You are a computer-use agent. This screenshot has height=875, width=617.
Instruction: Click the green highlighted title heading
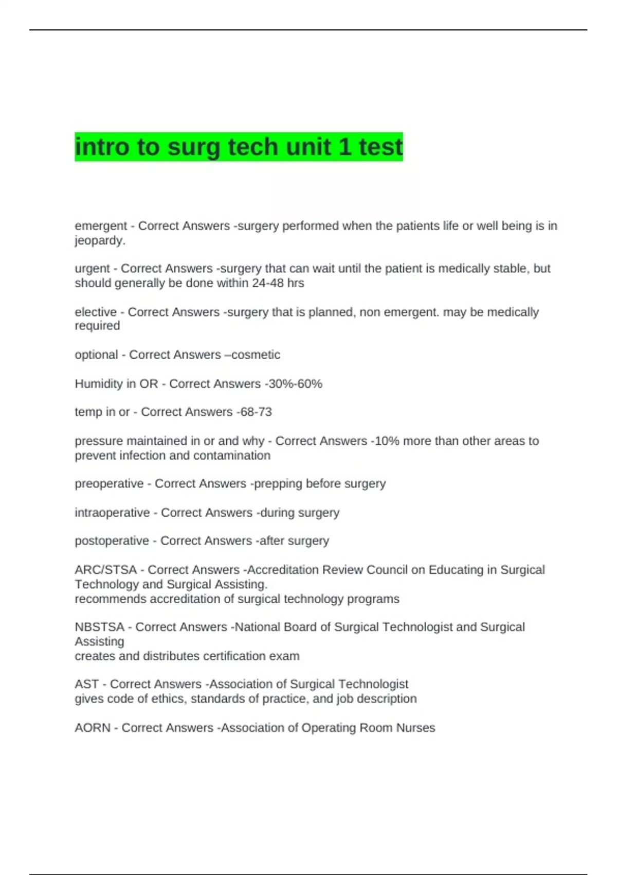pos(239,147)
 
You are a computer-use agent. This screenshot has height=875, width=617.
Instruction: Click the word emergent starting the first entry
pos(101,226)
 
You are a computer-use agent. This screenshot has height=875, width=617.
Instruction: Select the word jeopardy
pos(100,240)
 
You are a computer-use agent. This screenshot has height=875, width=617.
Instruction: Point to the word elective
pos(96,312)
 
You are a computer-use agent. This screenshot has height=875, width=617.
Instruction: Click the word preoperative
pos(109,484)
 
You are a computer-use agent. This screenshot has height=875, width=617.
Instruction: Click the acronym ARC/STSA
pos(105,570)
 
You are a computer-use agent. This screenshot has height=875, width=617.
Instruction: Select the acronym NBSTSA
pos(100,627)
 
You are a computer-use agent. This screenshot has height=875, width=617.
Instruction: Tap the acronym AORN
pos(93,728)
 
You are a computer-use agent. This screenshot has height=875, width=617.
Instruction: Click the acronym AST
pos(86,684)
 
